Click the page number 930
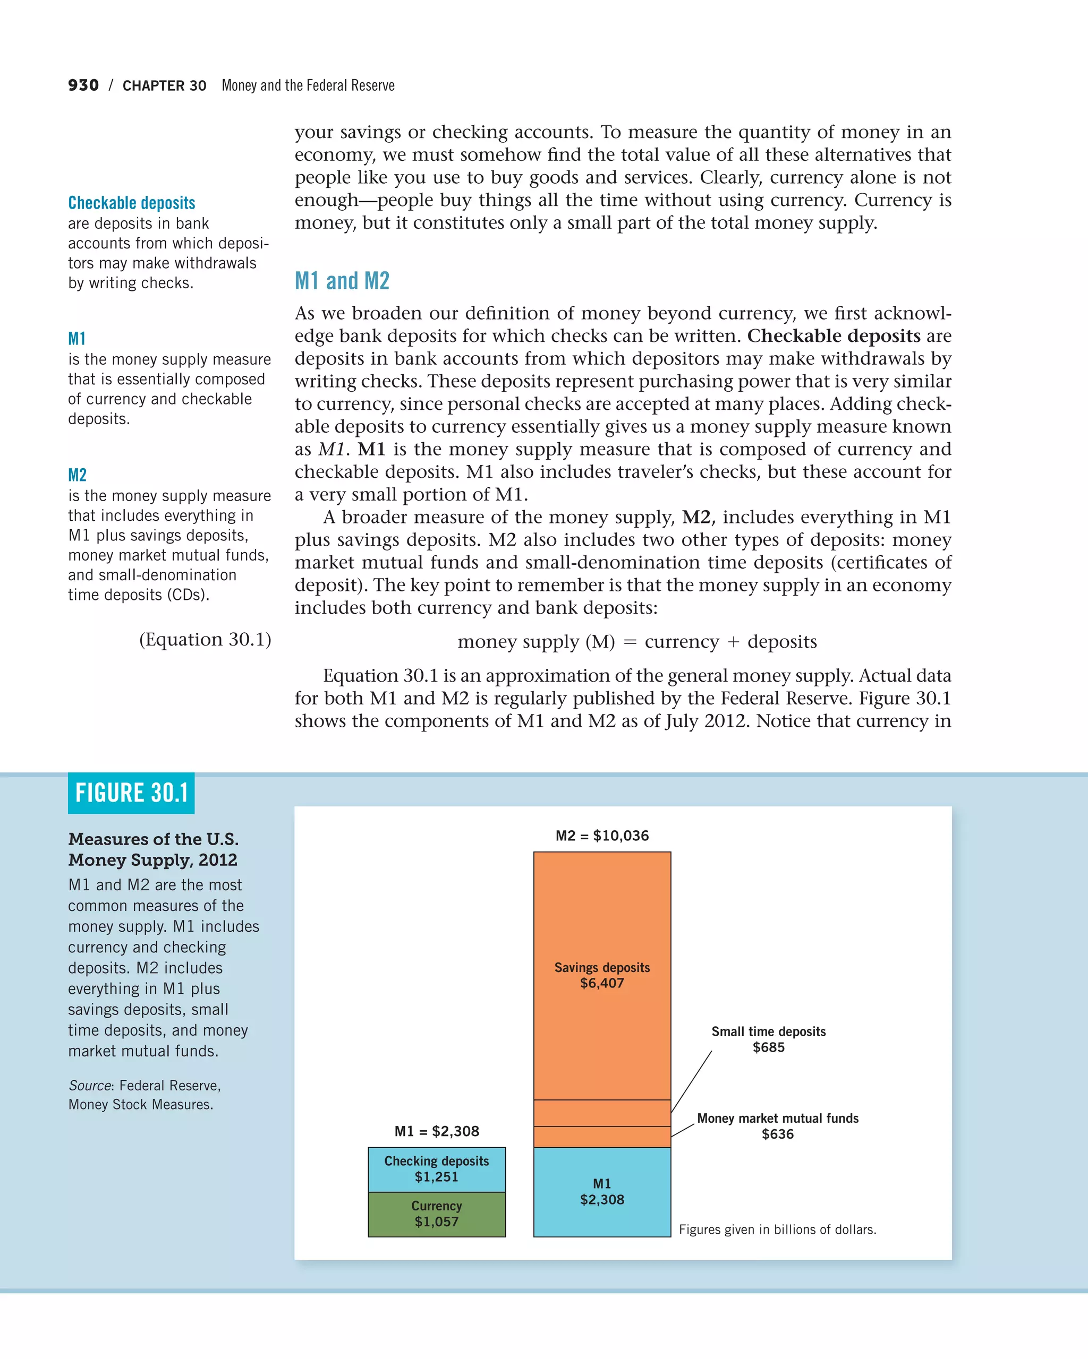pyautogui.click(x=83, y=85)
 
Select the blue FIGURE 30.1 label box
pyautogui.click(x=131, y=793)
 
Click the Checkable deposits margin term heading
pyautogui.click(x=131, y=203)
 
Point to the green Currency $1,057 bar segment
pyautogui.click(x=437, y=1214)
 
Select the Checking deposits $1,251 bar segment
pyautogui.click(x=437, y=1169)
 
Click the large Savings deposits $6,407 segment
pyautogui.click(x=602, y=975)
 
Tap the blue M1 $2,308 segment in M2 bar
pyautogui.click(x=602, y=1191)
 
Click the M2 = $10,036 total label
pyautogui.click(x=602, y=836)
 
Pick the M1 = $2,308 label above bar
pyautogui.click(x=437, y=1131)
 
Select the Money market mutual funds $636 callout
pyautogui.click(x=777, y=1126)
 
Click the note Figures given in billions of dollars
pyautogui.click(x=777, y=1230)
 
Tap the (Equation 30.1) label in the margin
pyautogui.click(x=205, y=639)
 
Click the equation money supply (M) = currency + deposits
pyautogui.click(x=637, y=642)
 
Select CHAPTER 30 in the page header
pyautogui.click(x=164, y=85)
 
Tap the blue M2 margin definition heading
pyautogui.click(x=77, y=475)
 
